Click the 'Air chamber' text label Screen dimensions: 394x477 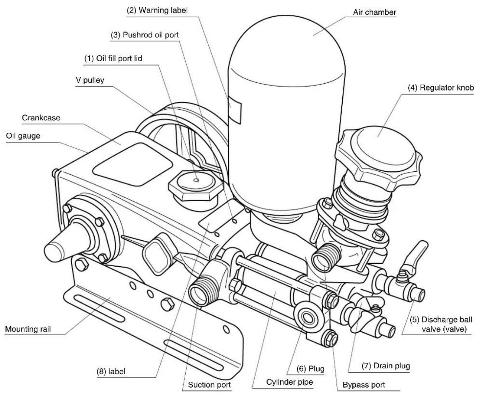pos(374,12)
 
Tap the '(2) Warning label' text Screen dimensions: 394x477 pos(157,10)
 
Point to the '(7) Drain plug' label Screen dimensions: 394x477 pos(386,366)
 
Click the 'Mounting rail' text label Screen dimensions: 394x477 pos(28,329)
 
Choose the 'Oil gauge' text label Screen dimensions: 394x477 pos(23,136)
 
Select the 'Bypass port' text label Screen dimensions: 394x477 pos(364,385)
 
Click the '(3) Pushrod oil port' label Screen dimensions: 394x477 pos(145,35)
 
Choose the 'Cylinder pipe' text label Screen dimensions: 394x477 pos(289,382)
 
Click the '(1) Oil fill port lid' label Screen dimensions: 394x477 pos(113,59)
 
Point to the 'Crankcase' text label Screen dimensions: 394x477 pos(41,118)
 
